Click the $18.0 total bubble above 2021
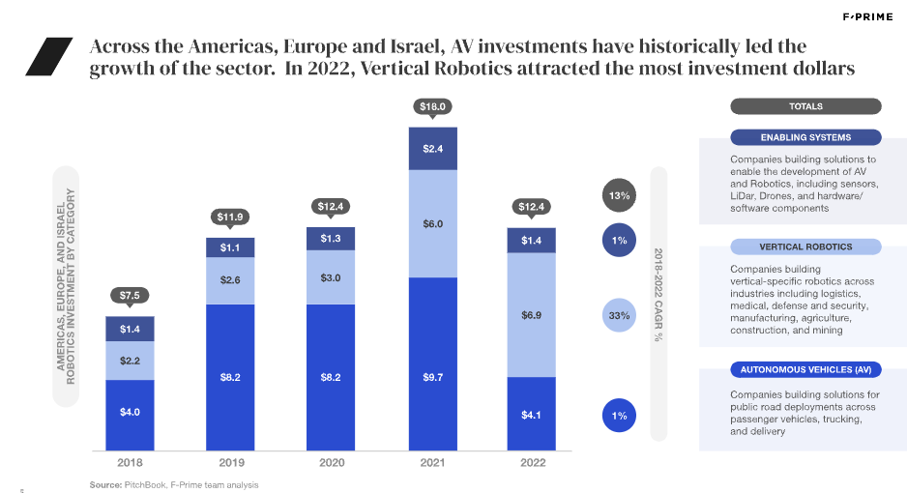(433, 106)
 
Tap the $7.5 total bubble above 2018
(131, 295)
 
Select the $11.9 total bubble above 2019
(231, 216)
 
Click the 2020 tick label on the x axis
(332, 462)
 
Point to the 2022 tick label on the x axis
(533, 462)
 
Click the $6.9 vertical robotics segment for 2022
(533, 315)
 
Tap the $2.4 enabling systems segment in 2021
(433, 149)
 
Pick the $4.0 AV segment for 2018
(131, 413)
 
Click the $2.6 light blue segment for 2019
(231, 280)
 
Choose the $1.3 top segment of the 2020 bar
(332, 238)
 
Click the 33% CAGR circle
(620, 315)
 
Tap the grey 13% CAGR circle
(620, 196)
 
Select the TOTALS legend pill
(805, 106)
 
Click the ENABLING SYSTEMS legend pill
(805, 137)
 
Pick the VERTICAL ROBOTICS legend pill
(805, 246)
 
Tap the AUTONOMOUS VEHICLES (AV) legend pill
(805, 370)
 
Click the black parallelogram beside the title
(49, 57)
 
